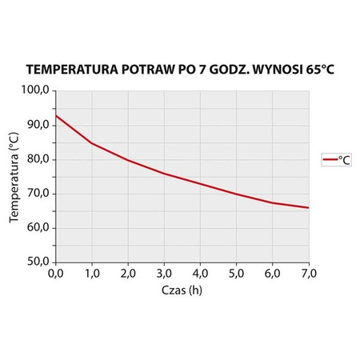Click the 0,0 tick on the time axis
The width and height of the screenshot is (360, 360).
pyautogui.click(x=55, y=274)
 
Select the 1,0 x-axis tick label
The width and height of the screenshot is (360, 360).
pyautogui.click(x=91, y=274)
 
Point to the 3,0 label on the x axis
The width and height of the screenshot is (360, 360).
pyautogui.click(x=163, y=274)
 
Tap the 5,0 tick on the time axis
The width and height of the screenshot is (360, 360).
pyautogui.click(x=236, y=274)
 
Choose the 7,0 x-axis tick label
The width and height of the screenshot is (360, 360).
pyautogui.click(x=308, y=274)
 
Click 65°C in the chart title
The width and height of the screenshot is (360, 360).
pyautogui.click(x=317, y=70)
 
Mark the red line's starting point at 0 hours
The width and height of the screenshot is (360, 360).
pyautogui.click(x=55, y=116)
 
